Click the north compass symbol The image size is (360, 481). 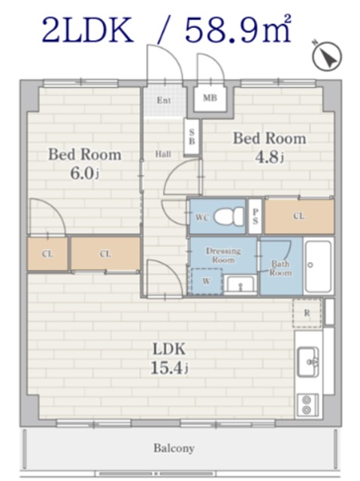(327, 56)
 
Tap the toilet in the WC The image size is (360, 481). (229, 216)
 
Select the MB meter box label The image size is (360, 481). (210, 98)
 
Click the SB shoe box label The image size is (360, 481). (192, 137)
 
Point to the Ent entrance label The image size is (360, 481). (164, 100)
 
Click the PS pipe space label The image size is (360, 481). (255, 216)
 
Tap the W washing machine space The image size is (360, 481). (207, 281)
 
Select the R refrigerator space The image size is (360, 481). (307, 313)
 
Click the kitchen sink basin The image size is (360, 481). (308, 362)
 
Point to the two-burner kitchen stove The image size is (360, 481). (307, 405)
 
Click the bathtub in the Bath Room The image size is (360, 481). (318, 266)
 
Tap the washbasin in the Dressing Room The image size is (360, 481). (240, 285)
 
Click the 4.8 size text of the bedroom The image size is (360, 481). (269, 157)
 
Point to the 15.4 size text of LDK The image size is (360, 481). (169, 368)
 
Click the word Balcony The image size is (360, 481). (174, 448)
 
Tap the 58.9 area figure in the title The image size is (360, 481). (227, 31)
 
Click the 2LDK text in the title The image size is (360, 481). (88, 30)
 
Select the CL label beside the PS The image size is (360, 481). (299, 216)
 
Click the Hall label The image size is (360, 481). (163, 153)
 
